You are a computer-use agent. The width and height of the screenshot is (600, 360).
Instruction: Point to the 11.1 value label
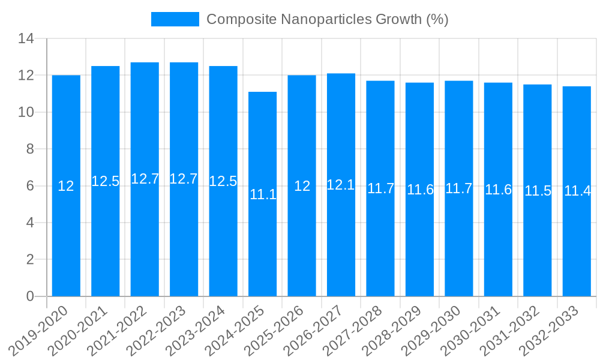click(x=263, y=194)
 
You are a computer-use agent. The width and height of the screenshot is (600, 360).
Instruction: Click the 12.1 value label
click(x=341, y=185)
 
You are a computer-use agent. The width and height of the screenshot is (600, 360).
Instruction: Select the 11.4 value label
click(x=577, y=191)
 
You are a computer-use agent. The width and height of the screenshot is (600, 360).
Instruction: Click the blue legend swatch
click(x=175, y=19)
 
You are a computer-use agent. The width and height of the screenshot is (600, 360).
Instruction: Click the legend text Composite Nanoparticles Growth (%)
click(x=328, y=19)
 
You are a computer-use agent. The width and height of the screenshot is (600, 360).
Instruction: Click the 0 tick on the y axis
click(x=31, y=296)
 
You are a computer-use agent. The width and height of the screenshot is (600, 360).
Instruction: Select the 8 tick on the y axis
click(x=31, y=149)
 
